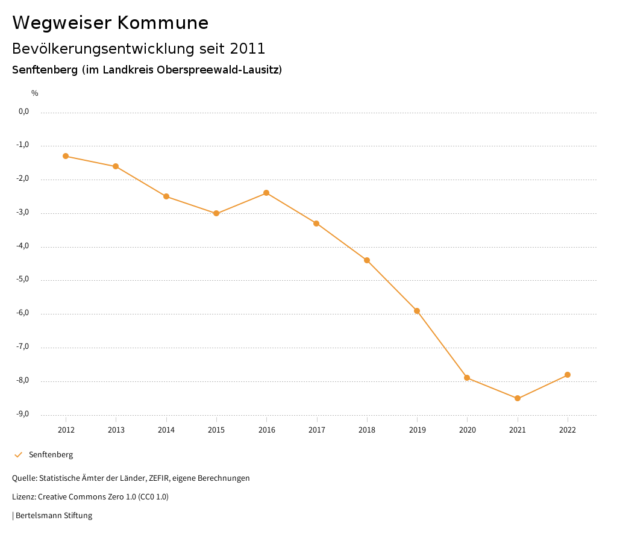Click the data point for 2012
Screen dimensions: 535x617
pos(66,156)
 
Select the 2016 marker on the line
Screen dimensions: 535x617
pos(266,193)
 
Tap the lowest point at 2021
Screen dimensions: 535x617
pos(518,398)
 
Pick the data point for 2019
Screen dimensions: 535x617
pos(417,311)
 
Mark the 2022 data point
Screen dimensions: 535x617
pos(568,375)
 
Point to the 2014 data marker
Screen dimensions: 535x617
pos(166,196)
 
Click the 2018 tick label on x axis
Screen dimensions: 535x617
pos(367,430)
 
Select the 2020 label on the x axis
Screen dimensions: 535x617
pos(467,430)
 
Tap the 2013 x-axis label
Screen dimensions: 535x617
pos(116,430)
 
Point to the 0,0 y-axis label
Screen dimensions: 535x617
pos(23,111)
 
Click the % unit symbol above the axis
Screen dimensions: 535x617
pos(35,93)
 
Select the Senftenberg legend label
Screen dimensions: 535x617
pos(51,455)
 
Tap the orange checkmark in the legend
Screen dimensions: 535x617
pos(18,455)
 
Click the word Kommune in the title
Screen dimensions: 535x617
pos(163,23)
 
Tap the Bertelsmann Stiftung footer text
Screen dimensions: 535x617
pos(54,516)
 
